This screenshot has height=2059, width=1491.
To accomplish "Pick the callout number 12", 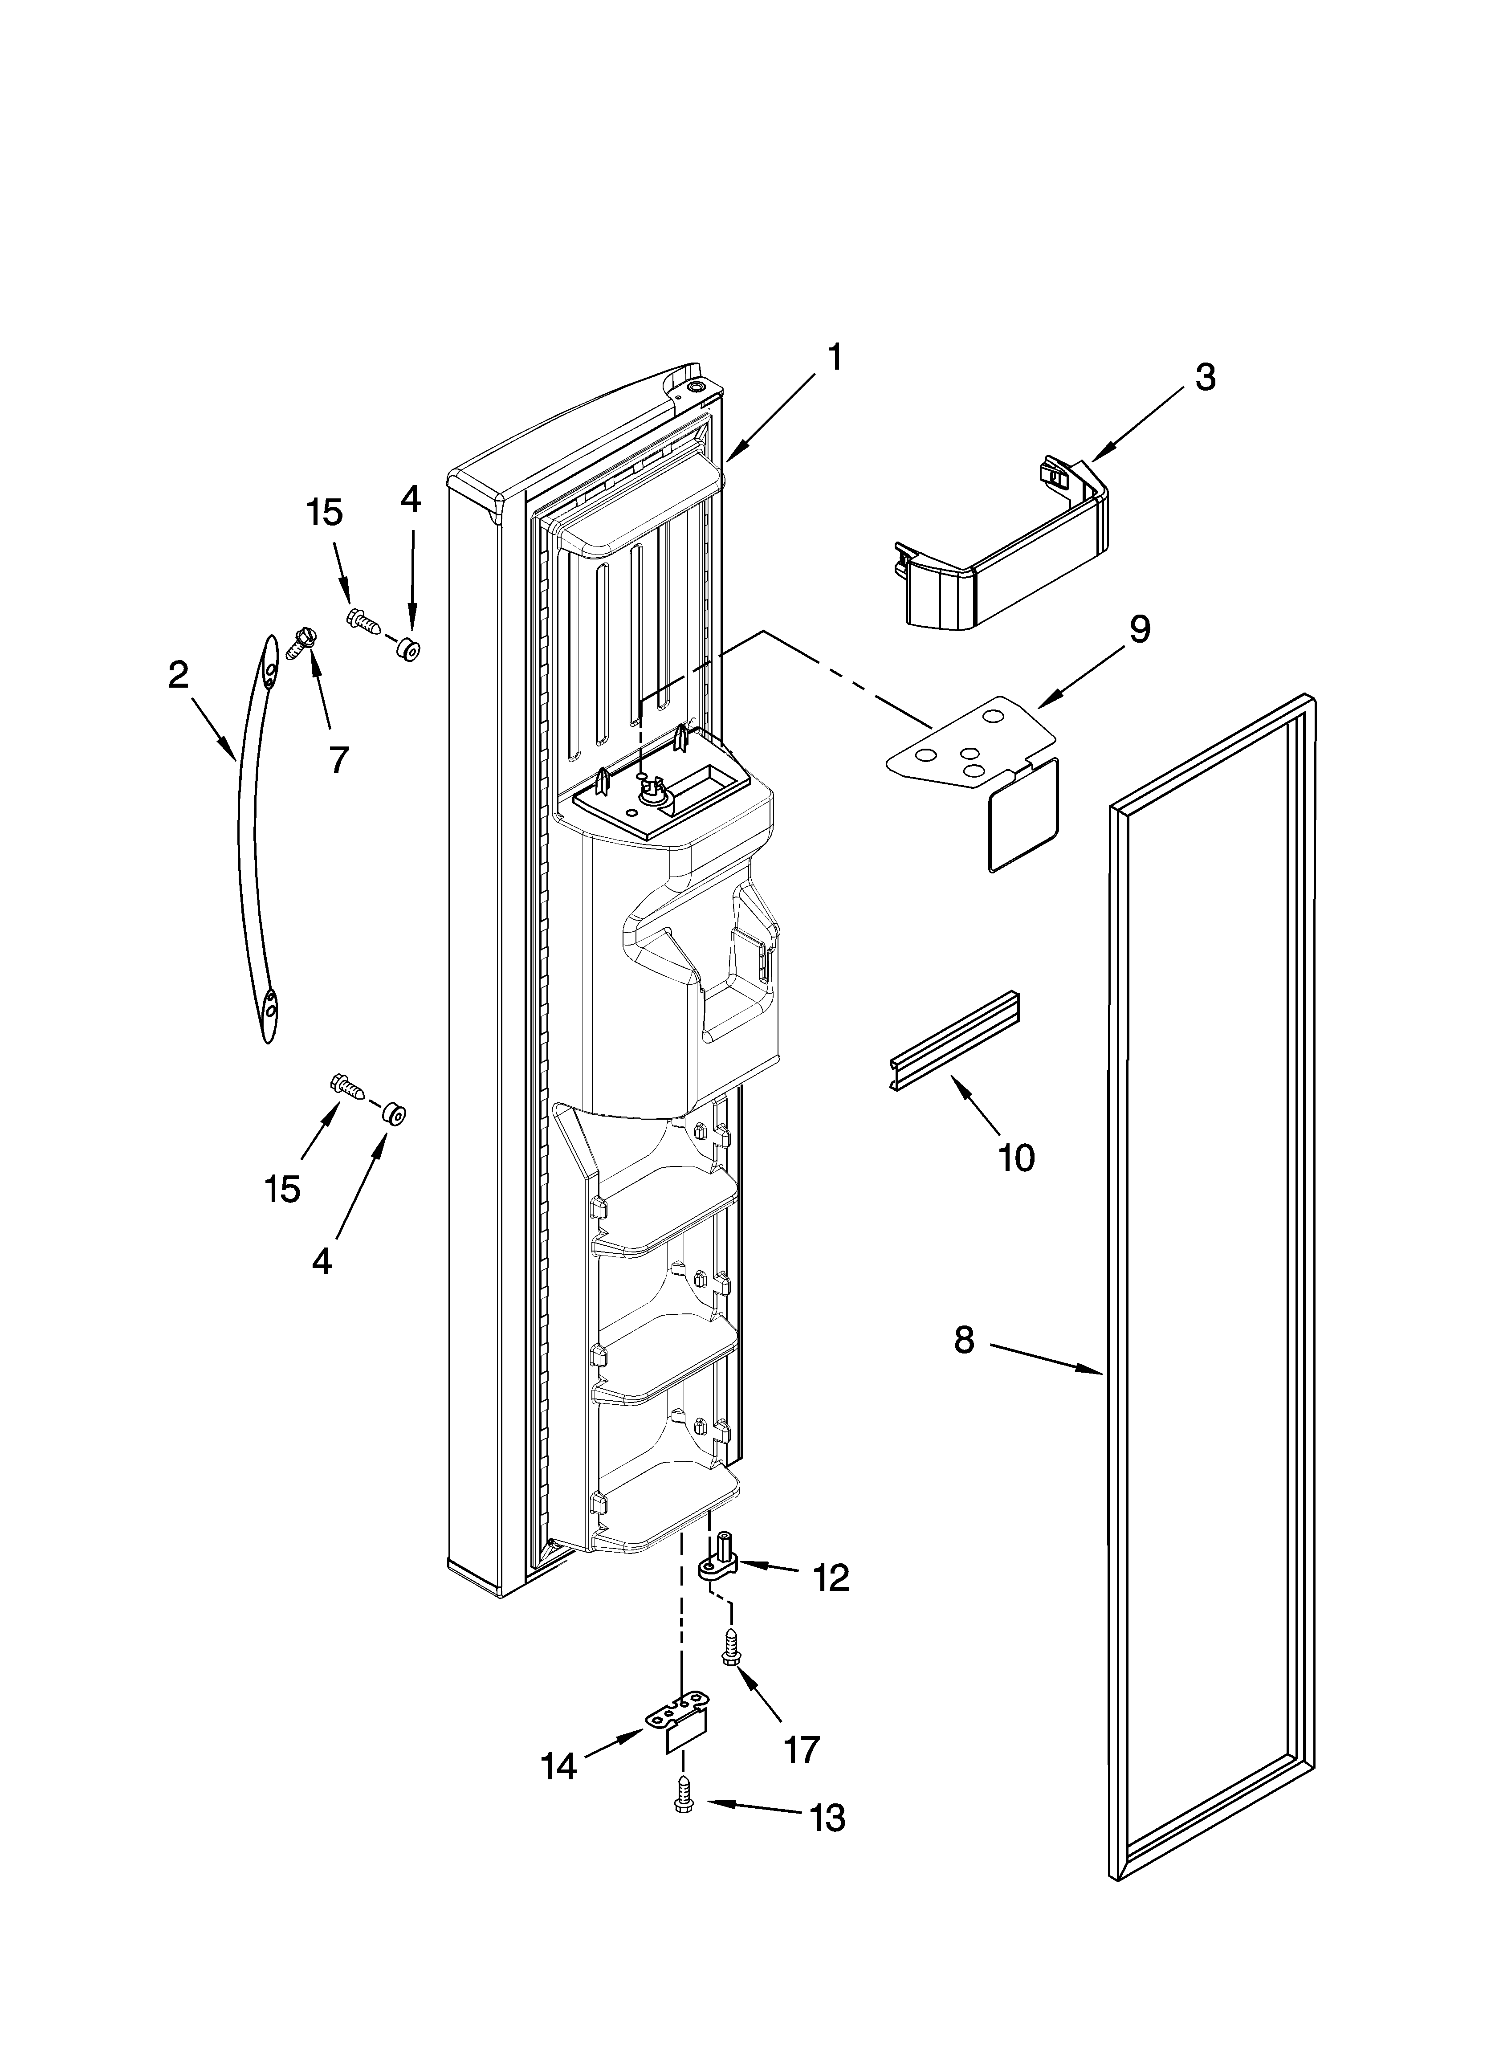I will coord(831,1579).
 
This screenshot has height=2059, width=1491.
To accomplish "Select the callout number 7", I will coord(338,759).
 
